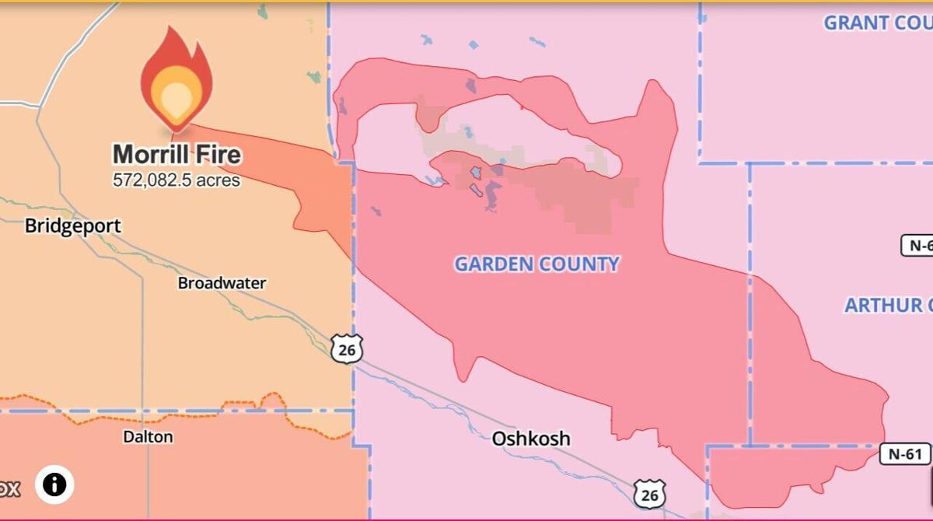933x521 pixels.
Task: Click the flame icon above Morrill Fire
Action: (x=176, y=77)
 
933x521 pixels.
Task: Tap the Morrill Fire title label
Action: (x=176, y=154)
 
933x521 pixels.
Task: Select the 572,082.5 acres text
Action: (x=176, y=180)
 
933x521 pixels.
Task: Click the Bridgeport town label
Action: (x=73, y=226)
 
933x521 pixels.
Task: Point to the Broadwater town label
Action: (x=222, y=283)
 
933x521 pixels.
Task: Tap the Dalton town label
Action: (x=148, y=437)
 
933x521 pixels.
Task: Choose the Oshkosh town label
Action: (x=531, y=439)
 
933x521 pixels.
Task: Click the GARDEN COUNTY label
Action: (x=536, y=264)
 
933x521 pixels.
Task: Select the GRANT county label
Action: (x=877, y=23)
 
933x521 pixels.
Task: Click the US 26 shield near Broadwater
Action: (x=346, y=350)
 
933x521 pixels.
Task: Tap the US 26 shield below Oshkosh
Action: (x=649, y=494)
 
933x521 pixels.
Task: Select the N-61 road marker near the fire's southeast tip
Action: (x=905, y=454)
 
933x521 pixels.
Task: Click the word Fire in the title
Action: (x=218, y=154)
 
